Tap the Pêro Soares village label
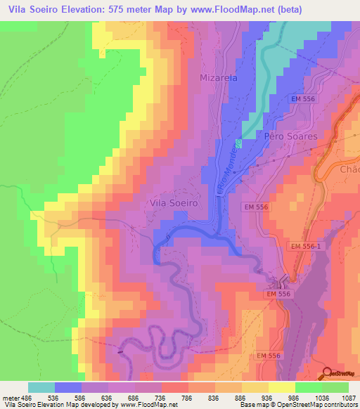[x=291, y=136]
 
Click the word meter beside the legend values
[x=10, y=398]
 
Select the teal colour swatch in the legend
[x=41, y=387]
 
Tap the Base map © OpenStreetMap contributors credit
[x=307, y=405]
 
